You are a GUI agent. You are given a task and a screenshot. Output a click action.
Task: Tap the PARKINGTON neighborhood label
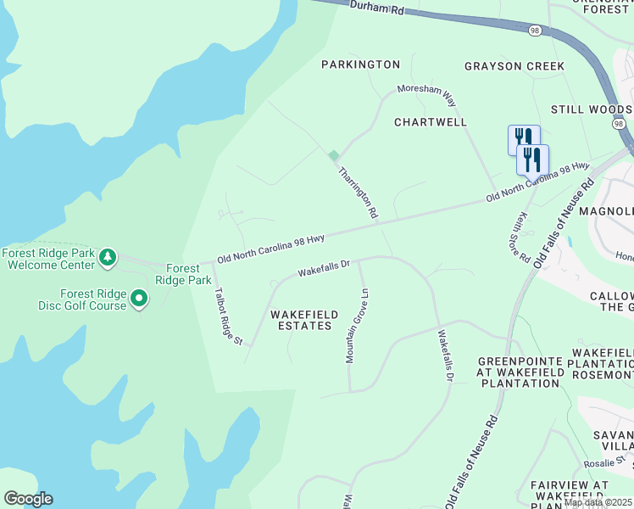[x=360, y=64]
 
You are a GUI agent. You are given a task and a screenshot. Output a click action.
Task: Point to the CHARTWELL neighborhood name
[x=431, y=122]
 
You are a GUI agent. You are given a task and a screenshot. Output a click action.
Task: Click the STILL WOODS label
[x=591, y=110]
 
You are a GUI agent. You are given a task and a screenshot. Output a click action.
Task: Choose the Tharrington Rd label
[x=358, y=193]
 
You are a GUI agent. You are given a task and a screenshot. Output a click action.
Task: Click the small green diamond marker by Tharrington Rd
[x=334, y=155]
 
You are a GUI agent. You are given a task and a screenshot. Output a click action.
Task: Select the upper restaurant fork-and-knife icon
[x=524, y=138]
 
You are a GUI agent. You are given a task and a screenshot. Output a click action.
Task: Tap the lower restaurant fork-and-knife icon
[x=532, y=158]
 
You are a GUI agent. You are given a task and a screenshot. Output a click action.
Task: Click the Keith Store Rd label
[x=520, y=237]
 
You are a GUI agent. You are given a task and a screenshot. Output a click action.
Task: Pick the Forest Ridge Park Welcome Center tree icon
[x=107, y=256]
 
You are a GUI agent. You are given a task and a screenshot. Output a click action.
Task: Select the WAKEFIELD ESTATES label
[x=304, y=320]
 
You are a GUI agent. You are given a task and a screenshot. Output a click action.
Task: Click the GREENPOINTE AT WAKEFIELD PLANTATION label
[x=519, y=372]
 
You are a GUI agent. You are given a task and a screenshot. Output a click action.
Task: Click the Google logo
[x=28, y=499]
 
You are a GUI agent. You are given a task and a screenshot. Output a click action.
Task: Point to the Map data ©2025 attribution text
[x=598, y=503]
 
